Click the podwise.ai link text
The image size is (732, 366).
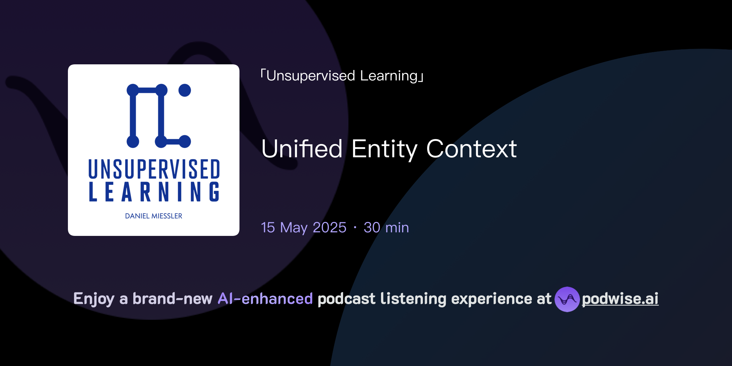click(x=620, y=299)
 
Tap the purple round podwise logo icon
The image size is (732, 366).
click(x=567, y=299)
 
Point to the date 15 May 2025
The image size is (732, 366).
click(x=303, y=228)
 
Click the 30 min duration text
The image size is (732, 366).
click(x=386, y=228)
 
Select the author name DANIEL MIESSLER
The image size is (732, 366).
click(x=154, y=216)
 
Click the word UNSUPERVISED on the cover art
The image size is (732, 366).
click(x=154, y=169)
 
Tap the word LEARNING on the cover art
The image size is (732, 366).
click(x=154, y=192)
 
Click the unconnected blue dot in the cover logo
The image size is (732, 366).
click(x=184, y=90)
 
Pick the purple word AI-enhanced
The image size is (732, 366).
click(x=265, y=299)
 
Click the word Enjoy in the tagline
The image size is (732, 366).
click(x=94, y=299)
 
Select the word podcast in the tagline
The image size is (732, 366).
click(x=346, y=299)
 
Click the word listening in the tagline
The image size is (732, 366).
click(x=413, y=299)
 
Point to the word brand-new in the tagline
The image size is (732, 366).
click(x=172, y=299)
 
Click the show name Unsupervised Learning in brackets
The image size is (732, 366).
click(x=342, y=76)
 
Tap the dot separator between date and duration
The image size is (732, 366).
click(x=355, y=228)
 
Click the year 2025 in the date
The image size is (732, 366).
click(x=330, y=228)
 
